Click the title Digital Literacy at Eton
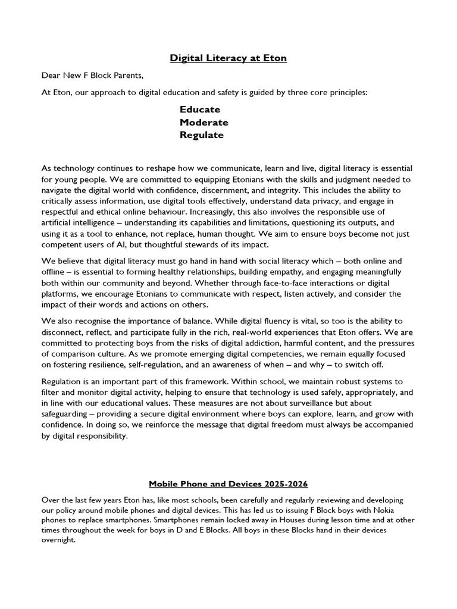coord(228,58)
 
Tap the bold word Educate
coord(200,109)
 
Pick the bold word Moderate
coord(204,122)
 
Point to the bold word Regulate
coord(202,135)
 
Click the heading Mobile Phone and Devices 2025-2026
coord(228,484)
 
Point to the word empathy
coord(271,272)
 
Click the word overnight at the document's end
coord(59,539)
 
